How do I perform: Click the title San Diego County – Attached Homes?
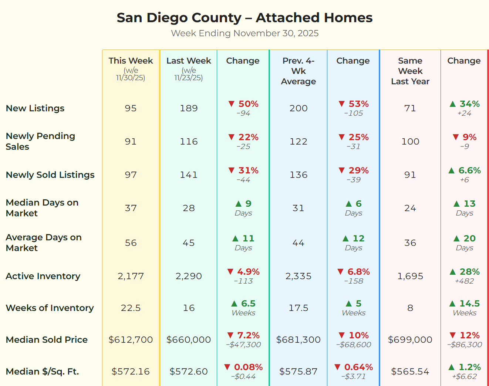click(244, 18)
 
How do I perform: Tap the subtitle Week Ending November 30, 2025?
click(244, 33)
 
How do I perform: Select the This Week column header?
click(131, 61)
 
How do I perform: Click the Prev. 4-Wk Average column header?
click(298, 71)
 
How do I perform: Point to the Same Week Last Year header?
click(410, 71)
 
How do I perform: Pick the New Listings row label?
click(35, 108)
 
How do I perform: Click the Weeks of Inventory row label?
click(50, 308)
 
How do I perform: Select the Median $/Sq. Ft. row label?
click(42, 372)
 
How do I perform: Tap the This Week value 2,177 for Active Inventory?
click(131, 276)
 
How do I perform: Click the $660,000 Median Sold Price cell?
click(189, 340)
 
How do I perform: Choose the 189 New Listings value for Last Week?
click(189, 108)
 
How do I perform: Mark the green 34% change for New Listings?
click(465, 104)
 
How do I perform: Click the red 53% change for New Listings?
click(354, 104)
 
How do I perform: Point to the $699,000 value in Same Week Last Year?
click(410, 340)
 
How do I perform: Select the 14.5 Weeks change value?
click(465, 304)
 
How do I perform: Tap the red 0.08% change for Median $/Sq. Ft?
click(243, 367)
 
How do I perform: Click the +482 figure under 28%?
click(465, 281)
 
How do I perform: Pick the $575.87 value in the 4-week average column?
click(298, 372)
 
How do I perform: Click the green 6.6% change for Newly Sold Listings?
click(465, 170)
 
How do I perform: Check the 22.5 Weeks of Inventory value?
click(131, 308)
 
